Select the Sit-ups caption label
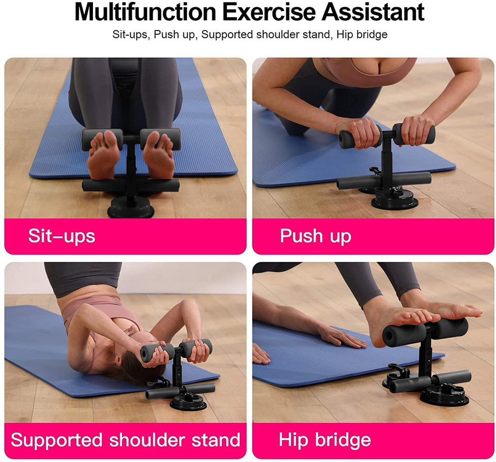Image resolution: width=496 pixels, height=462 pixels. pos(61,236)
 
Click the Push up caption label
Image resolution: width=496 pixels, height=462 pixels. pos(315,236)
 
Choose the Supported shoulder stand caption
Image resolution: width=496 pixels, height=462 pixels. pos(126,440)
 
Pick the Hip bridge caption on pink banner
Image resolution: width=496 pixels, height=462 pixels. pos(324,440)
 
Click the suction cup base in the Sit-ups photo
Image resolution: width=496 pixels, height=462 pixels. pos(130,207)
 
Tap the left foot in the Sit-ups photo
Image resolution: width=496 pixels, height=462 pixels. pos(103,155)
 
